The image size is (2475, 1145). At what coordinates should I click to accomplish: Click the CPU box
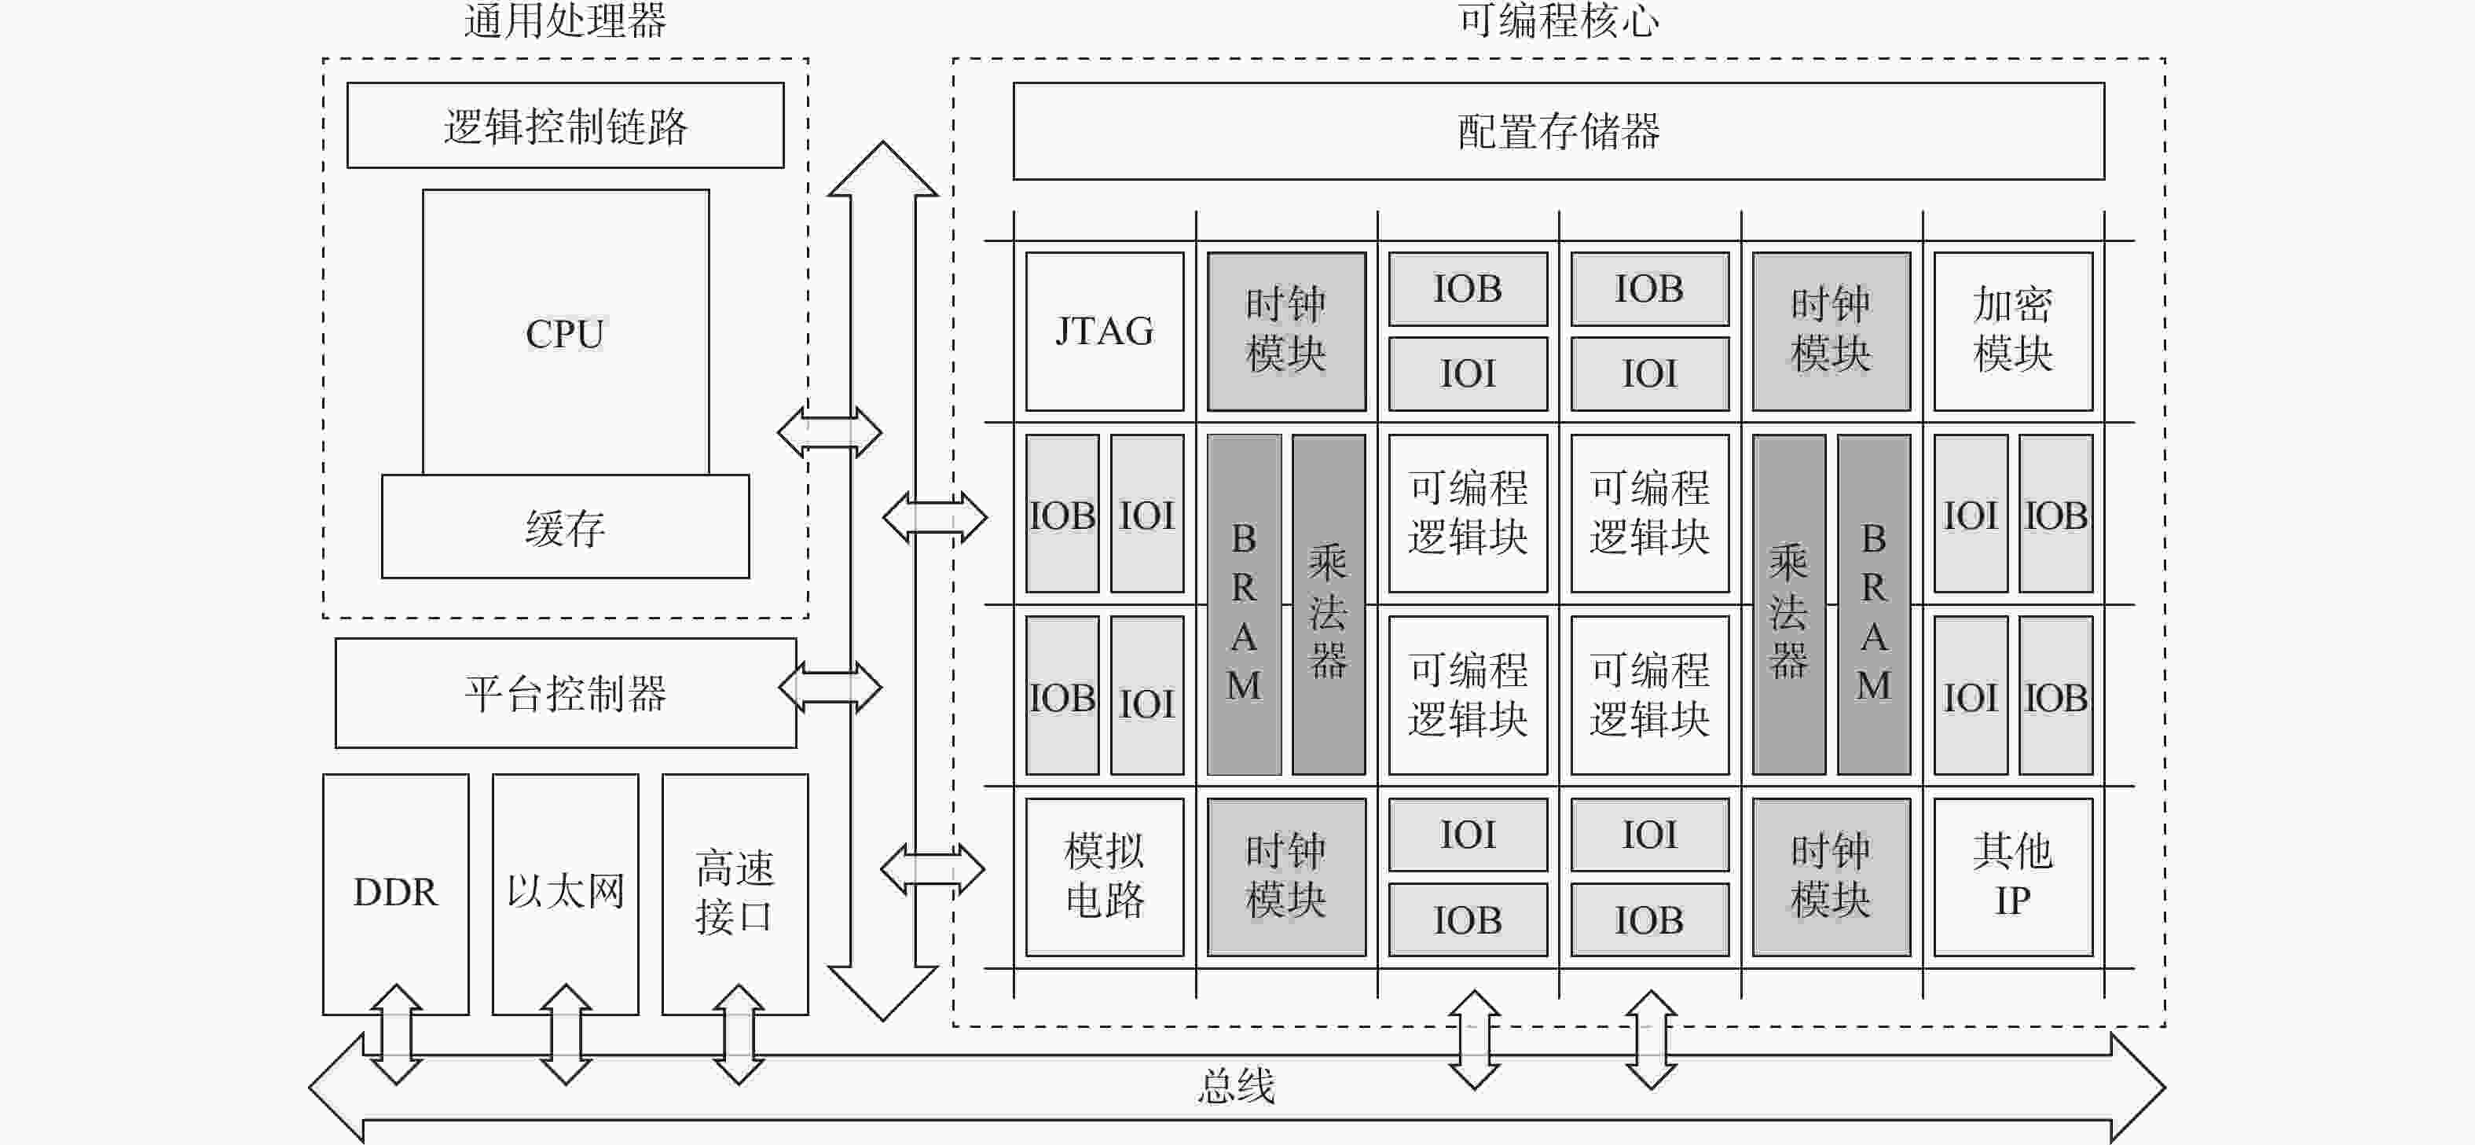click(565, 332)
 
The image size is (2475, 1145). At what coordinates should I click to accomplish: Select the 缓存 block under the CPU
click(565, 527)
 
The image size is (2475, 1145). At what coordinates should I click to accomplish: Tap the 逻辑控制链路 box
click(565, 126)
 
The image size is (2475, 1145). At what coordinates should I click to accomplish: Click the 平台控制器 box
click(565, 692)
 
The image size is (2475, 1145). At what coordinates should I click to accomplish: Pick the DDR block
click(395, 893)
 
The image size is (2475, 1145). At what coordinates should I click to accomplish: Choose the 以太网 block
click(565, 893)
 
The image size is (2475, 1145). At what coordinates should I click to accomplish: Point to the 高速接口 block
click(734, 893)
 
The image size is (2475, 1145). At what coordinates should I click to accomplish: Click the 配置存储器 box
click(1557, 131)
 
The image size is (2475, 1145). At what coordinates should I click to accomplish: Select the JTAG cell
click(1104, 332)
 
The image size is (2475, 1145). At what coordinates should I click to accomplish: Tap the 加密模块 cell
click(2012, 332)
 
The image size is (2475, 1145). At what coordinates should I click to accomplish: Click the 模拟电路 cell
click(1104, 876)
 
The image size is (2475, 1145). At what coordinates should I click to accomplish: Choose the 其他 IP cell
click(2012, 876)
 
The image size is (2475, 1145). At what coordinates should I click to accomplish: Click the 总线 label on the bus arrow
click(1237, 1086)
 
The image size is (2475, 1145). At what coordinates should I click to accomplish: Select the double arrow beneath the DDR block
click(396, 1034)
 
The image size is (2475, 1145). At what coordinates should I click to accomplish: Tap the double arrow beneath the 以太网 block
click(565, 1034)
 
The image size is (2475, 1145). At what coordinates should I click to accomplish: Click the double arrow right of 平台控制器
click(830, 688)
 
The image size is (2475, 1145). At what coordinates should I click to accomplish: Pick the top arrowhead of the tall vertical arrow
click(882, 169)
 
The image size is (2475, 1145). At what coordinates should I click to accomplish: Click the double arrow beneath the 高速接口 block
click(738, 1034)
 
